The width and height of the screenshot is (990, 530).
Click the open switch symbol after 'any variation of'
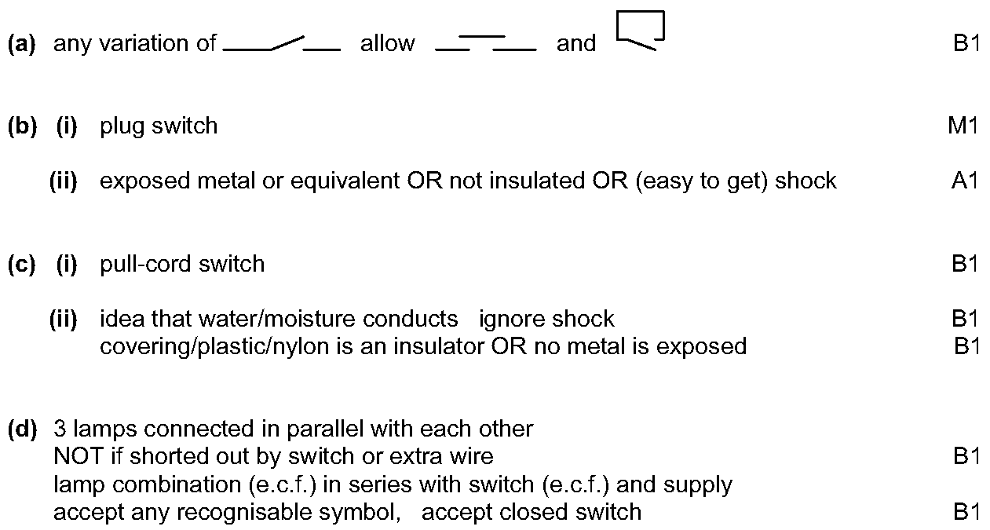[282, 44]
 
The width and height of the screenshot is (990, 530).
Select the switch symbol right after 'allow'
[486, 43]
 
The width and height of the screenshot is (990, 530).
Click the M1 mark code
[963, 126]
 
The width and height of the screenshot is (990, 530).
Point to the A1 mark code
[964, 181]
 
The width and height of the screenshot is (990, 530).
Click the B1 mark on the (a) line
[966, 43]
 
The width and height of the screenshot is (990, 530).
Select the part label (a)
[22, 44]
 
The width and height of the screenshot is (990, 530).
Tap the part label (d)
[23, 429]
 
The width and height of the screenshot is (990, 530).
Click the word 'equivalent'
[345, 181]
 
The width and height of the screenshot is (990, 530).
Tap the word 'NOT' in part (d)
[79, 457]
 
